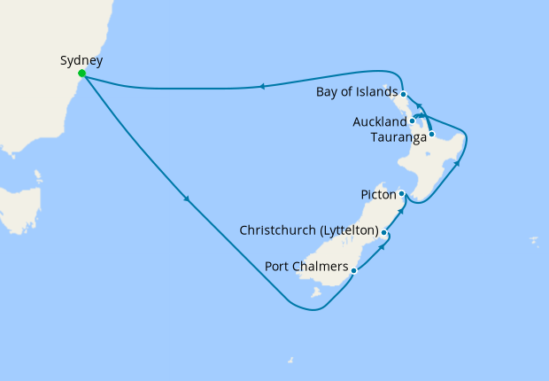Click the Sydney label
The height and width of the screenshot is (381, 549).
[x=81, y=61]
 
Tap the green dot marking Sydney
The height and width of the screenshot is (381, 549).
[x=81, y=74]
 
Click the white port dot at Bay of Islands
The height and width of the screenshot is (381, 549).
[x=403, y=94]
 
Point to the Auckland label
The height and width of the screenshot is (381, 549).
[x=379, y=121]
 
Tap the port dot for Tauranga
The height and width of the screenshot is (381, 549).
[x=431, y=135]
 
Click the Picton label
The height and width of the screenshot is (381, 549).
[x=378, y=193]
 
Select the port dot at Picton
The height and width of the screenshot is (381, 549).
[x=401, y=193]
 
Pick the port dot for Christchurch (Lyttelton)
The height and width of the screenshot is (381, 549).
[x=383, y=232]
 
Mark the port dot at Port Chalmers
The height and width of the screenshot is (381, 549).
[x=353, y=270]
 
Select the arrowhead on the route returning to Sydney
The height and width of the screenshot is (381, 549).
[x=262, y=87]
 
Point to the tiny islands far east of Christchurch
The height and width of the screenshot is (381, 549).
[x=533, y=239]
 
